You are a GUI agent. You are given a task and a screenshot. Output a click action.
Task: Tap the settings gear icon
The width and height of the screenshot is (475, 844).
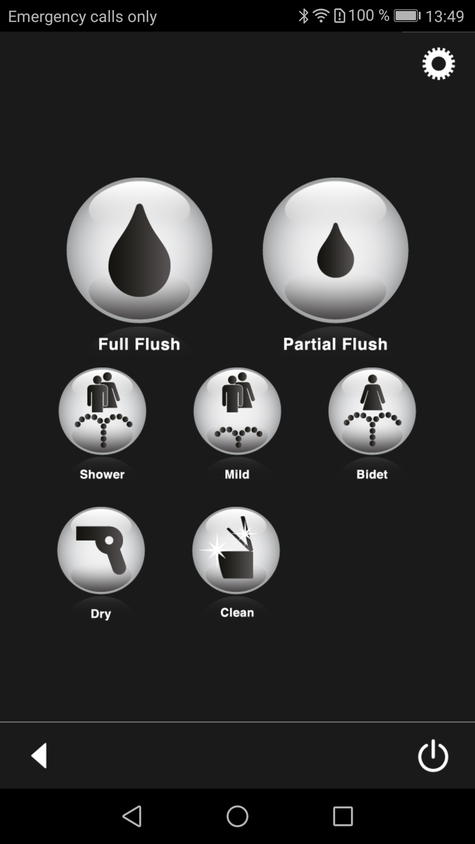coord(438,64)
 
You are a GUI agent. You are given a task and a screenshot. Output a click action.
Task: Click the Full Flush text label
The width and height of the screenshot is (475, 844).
coord(139,344)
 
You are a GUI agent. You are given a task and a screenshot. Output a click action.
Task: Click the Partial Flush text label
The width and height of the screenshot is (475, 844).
coord(335,344)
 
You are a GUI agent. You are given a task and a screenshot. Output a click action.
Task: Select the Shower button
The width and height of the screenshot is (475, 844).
coord(102,411)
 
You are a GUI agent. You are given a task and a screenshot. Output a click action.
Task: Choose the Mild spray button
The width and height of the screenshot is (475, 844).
coord(237,411)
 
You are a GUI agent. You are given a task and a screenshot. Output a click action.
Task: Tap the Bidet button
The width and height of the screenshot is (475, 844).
coord(372,411)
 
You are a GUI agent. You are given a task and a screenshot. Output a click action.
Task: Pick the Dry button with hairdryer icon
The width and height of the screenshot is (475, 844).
coord(101,550)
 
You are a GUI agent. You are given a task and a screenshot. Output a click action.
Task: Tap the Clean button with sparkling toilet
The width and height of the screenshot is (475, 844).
coord(236,550)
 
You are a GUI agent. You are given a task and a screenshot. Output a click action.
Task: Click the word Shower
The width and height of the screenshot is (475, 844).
coord(102,474)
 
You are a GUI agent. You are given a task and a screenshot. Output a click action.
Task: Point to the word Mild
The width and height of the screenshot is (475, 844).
coord(237,474)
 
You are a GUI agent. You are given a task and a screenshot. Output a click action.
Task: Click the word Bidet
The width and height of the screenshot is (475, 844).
coord(372,474)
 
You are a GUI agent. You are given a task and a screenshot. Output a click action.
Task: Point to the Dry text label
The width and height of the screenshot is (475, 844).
coord(101,614)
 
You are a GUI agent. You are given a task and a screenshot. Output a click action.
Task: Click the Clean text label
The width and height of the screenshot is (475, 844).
coord(237,612)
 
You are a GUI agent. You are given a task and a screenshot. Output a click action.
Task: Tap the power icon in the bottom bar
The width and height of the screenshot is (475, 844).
coord(433,755)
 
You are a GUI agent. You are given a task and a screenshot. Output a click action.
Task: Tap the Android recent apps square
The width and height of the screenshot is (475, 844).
coord(343,817)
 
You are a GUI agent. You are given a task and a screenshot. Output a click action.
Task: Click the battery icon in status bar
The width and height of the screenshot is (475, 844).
coord(407,16)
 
